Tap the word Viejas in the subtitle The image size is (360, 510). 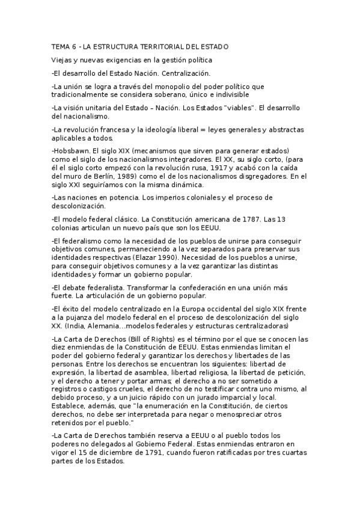(x=63, y=60)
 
